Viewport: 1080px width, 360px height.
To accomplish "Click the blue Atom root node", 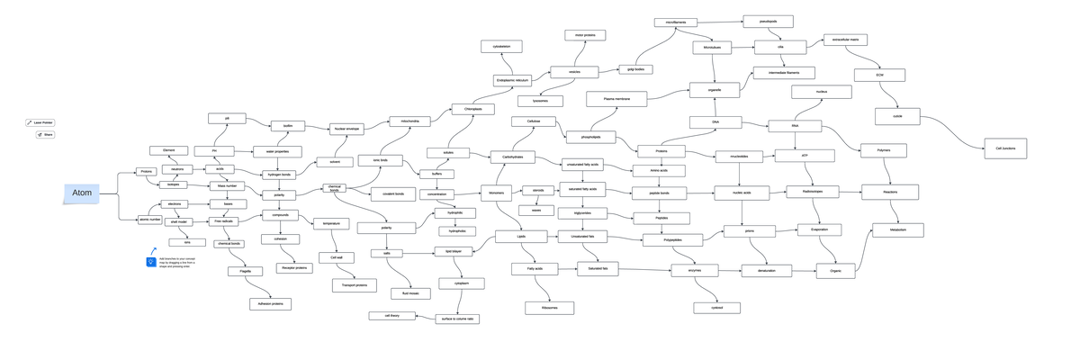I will click(x=82, y=193).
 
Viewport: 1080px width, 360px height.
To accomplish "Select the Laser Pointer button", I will click(x=40, y=122).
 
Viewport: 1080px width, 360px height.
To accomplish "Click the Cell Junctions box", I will click(x=1005, y=148).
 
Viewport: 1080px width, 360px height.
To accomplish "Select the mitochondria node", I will click(x=409, y=121).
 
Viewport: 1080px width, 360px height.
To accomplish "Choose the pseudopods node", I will click(x=768, y=21).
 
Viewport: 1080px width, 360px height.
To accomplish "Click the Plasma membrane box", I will click(x=609, y=99).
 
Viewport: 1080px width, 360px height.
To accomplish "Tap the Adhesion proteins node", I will click(x=270, y=304).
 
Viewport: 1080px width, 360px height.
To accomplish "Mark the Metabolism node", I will click(x=897, y=230).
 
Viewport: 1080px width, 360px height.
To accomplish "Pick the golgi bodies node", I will click(x=635, y=68).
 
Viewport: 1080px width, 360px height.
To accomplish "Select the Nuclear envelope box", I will click(x=346, y=129).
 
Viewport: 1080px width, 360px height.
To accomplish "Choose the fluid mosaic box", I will click(x=409, y=293).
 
